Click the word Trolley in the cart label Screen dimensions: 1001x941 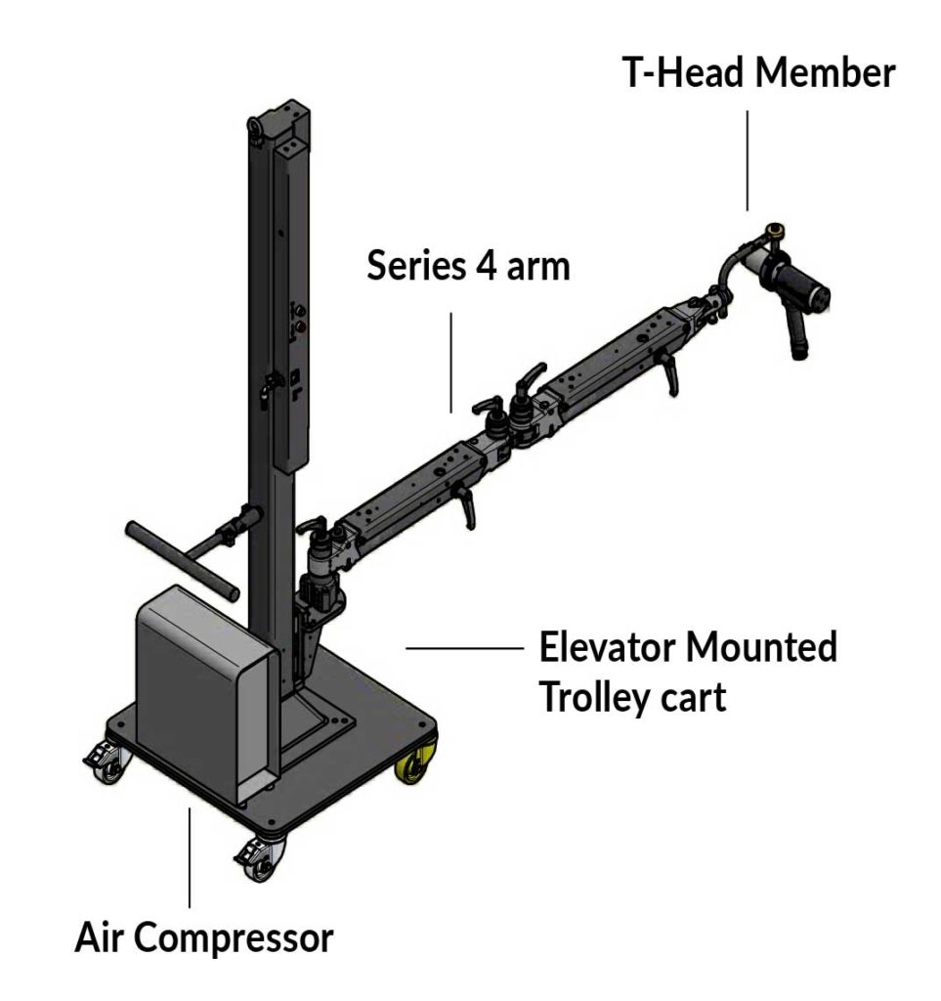(596, 698)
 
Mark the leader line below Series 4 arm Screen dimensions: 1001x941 (450, 362)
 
